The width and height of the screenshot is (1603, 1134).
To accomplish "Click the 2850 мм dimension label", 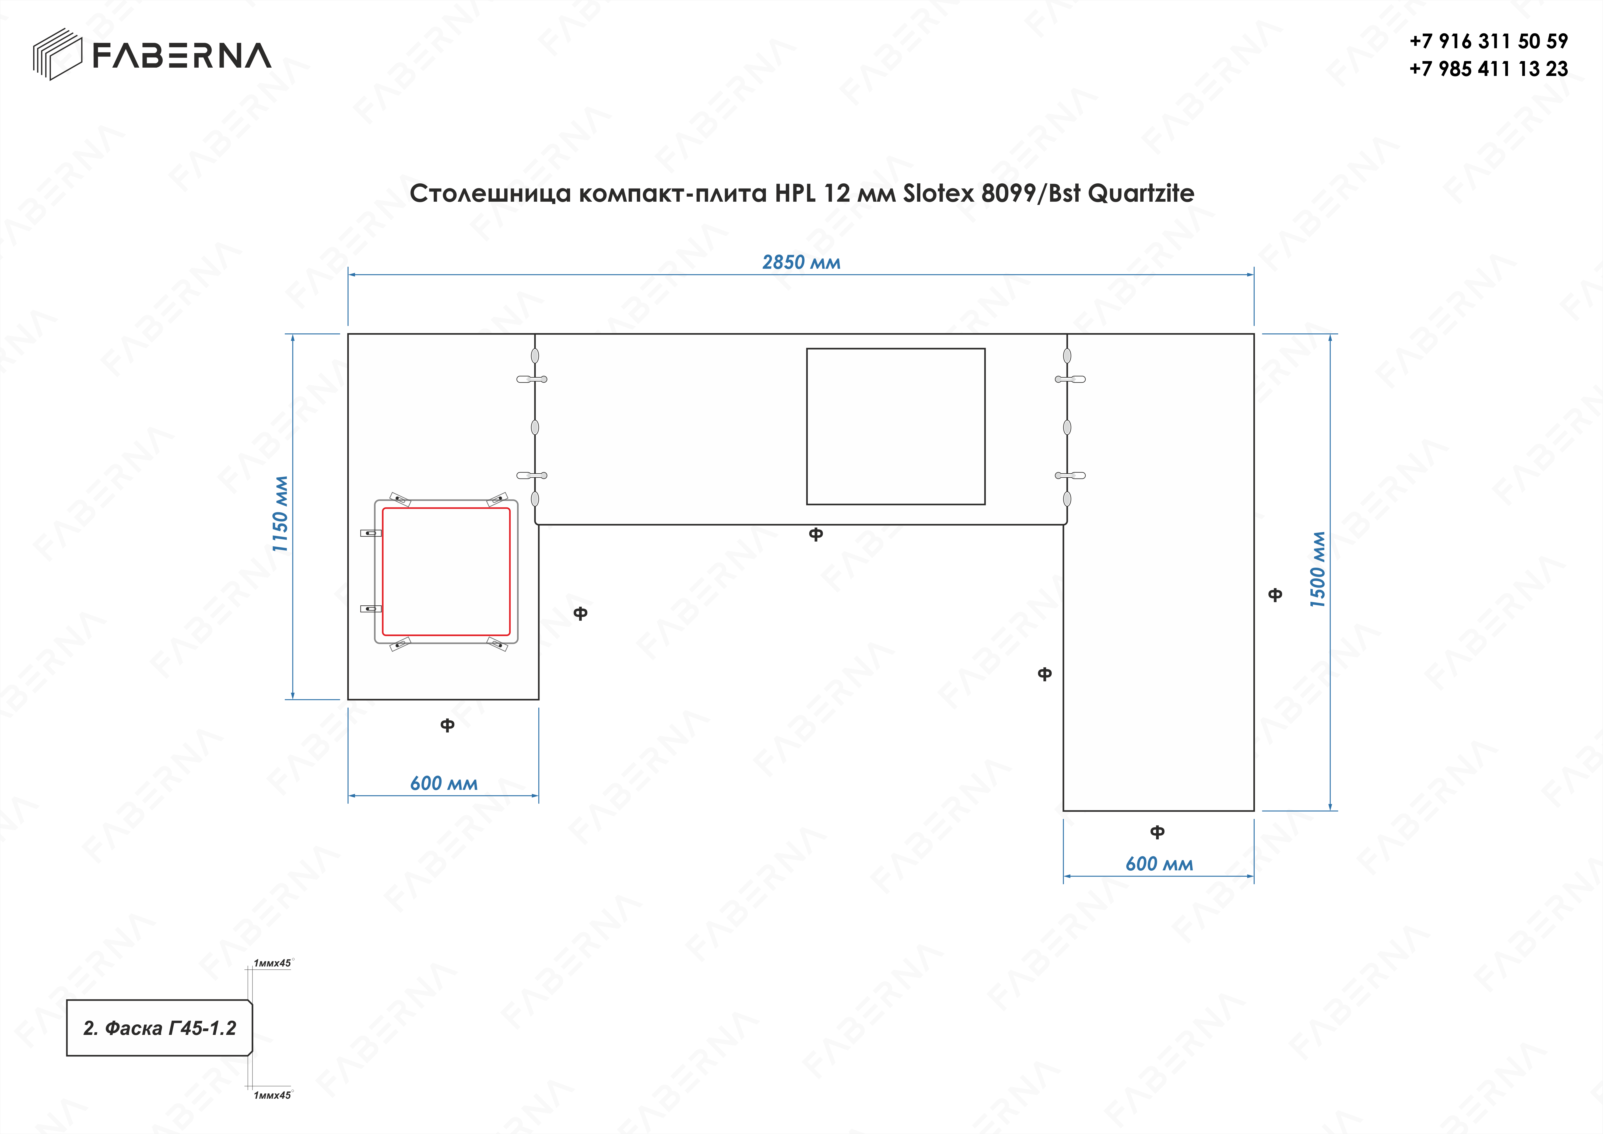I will (x=801, y=263).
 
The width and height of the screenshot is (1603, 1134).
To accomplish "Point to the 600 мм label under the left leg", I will (x=444, y=783).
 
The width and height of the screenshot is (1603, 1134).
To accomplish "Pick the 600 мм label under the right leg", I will (x=1159, y=864).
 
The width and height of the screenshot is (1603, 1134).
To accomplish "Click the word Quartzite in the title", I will (x=1141, y=193).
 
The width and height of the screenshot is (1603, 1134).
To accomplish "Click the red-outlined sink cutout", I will (x=446, y=571).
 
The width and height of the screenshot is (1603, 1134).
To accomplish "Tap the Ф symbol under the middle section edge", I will (x=815, y=534).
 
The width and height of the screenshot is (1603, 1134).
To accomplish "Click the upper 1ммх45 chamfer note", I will (x=272, y=963).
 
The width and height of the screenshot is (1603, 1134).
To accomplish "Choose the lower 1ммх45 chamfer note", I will (x=272, y=1095).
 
